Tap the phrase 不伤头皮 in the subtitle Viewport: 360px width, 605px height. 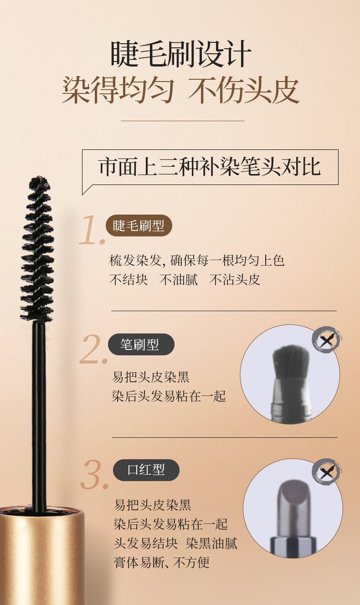(x=244, y=91)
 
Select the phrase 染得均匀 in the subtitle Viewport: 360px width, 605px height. (x=118, y=91)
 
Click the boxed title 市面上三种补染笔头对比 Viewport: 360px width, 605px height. (x=210, y=167)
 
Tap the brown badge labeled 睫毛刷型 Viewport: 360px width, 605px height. (x=139, y=226)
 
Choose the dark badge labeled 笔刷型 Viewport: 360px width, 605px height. (x=141, y=344)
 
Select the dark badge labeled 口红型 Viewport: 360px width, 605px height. (x=146, y=470)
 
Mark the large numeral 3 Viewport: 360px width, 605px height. (x=94, y=475)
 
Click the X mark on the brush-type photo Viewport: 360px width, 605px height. (x=327, y=339)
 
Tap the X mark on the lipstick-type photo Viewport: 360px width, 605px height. (x=327, y=472)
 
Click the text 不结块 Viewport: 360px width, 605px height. (x=129, y=280)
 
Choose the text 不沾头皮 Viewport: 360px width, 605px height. (x=235, y=280)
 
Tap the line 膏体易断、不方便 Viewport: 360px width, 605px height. (x=162, y=563)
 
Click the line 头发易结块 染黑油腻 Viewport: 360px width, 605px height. (x=175, y=543)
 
